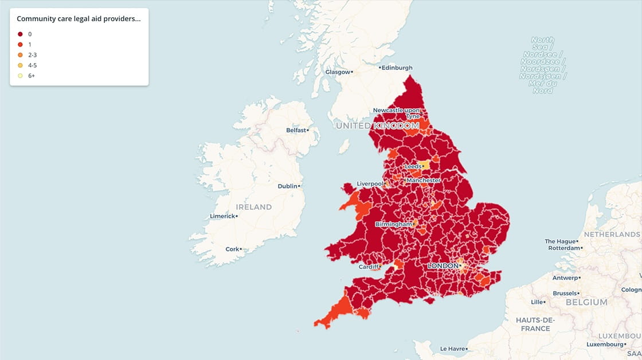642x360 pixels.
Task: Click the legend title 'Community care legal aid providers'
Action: [x=79, y=19]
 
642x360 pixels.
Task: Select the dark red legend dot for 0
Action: [x=21, y=34]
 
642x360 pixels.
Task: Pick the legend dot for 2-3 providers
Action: [x=21, y=55]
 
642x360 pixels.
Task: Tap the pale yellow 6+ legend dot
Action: [x=21, y=76]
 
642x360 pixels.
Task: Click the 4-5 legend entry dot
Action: [x=21, y=65]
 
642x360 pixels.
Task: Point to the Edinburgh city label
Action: [x=397, y=68]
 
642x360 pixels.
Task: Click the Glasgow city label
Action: [x=337, y=72]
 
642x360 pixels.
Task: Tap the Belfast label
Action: [x=297, y=130]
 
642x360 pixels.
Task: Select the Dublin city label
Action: [x=288, y=186]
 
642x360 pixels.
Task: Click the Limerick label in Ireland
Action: [x=222, y=216]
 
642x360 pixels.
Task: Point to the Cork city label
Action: [x=232, y=249]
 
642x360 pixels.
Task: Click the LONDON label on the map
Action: [x=443, y=266]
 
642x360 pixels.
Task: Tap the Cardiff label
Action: [x=369, y=267]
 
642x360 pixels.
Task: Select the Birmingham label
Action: [x=393, y=224]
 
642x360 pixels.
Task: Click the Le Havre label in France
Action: [x=452, y=349]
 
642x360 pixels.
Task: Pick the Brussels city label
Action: [x=565, y=293]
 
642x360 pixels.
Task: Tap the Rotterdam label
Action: [x=563, y=248]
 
